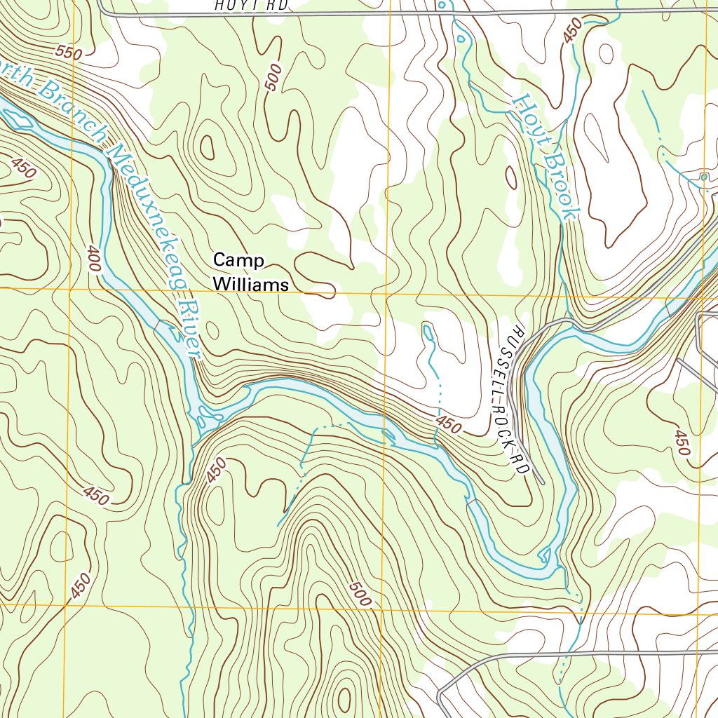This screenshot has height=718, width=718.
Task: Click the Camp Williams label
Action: (x=250, y=272)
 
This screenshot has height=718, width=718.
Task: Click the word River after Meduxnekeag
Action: (x=189, y=330)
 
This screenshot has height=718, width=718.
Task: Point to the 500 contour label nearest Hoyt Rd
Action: (x=273, y=77)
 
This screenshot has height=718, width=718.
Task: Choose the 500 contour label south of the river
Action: (x=359, y=595)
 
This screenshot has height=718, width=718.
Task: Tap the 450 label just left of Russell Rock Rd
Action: (x=449, y=425)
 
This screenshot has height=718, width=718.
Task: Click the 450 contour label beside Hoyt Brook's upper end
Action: (x=572, y=30)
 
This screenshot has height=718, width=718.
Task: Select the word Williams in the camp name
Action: (x=250, y=285)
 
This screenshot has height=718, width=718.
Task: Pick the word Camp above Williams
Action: (x=238, y=260)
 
